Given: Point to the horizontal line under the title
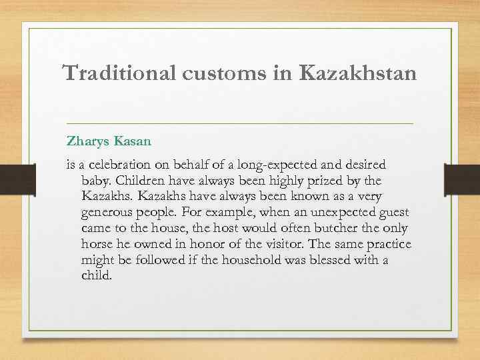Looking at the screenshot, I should tap(240, 124).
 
